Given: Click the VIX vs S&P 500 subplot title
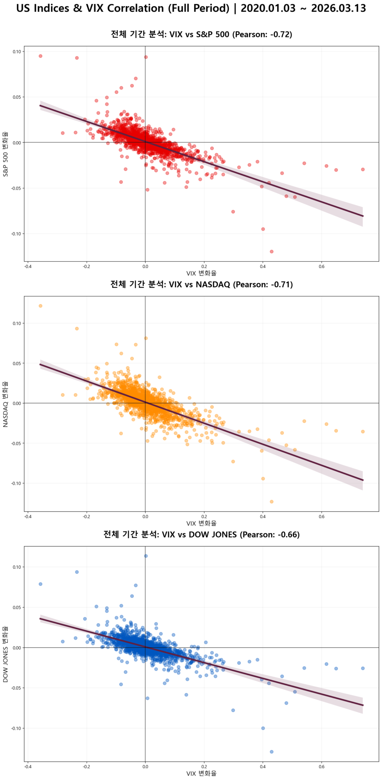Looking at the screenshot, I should click(201, 34).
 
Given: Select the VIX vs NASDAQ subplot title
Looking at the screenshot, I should click(201, 284).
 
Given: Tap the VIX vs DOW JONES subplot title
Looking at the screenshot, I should click(201, 534).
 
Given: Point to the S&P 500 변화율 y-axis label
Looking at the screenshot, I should click(5, 154).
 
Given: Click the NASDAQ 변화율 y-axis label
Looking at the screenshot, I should click(5, 404).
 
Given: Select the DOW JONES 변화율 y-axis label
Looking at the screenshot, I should click(5, 654).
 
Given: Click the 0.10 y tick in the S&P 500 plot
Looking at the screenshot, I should click(16, 51).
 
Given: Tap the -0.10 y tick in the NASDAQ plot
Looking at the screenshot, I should click(16, 483).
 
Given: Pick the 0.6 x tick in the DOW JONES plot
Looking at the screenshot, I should click(322, 767).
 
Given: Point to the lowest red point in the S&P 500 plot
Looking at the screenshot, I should click(272, 252).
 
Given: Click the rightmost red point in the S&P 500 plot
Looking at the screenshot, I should click(363, 169).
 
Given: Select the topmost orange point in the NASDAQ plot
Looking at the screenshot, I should click(41, 306).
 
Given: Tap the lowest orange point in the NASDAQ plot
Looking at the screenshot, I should click(272, 502).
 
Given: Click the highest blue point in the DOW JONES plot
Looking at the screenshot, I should click(146, 556).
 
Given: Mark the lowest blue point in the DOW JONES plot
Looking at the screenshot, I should click(272, 752).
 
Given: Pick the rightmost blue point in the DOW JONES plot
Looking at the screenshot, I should click(363, 668).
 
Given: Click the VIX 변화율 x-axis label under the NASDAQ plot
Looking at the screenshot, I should click(201, 523).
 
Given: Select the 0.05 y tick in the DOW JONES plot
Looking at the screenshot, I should click(16, 607).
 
